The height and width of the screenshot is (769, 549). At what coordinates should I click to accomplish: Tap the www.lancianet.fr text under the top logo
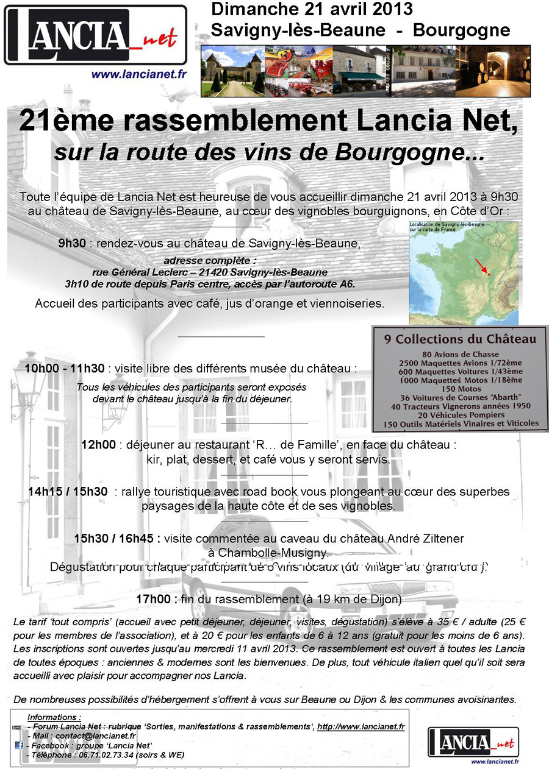click(x=139, y=74)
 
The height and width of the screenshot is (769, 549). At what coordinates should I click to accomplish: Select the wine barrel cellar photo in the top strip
click(x=493, y=71)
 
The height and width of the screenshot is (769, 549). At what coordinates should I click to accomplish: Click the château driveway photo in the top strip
click(x=232, y=71)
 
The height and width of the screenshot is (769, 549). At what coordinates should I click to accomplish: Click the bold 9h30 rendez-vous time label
click(x=72, y=244)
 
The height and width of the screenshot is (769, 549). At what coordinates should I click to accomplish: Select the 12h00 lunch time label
click(x=98, y=445)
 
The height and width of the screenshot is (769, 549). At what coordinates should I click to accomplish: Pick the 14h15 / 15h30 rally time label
click(x=68, y=491)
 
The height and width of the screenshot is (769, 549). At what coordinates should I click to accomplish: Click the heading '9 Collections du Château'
click(x=460, y=339)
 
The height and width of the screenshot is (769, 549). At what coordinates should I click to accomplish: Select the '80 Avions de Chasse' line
click(x=460, y=354)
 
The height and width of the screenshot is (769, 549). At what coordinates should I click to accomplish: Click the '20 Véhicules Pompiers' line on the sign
click(x=460, y=414)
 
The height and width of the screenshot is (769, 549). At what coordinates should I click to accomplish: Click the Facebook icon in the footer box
click(x=19, y=745)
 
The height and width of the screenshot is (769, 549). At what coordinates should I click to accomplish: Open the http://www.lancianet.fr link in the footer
click(x=361, y=726)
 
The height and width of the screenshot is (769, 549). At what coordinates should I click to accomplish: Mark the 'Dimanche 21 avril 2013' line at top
click(x=312, y=10)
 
